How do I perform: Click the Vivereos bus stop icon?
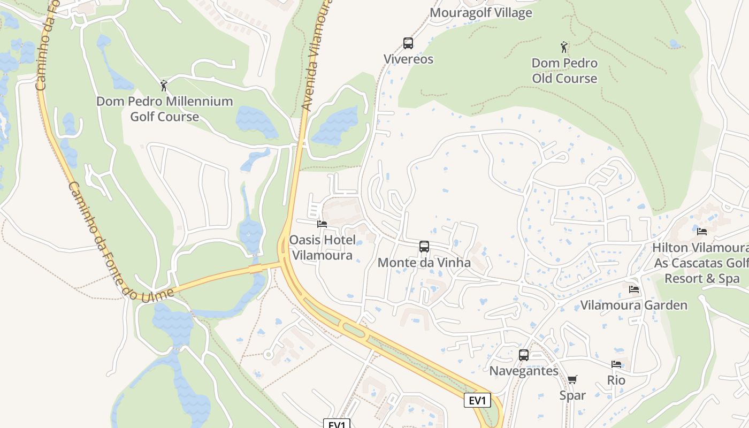[408, 43]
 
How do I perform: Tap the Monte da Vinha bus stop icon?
[424, 247]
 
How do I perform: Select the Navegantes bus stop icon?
[524, 355]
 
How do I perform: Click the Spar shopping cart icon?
[572, 380]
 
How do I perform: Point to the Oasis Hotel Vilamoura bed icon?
[322, 224]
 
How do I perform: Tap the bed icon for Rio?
[616, 364]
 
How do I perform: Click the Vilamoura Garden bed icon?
[634, 289]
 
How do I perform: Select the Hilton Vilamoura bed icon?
[702, 232]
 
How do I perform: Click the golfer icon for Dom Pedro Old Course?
[564, 47]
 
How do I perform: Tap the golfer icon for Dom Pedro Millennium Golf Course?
[164, 86]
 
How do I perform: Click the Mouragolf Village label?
[481, 13]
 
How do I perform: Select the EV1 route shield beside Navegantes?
[477, 400]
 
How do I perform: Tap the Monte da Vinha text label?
[424, 263]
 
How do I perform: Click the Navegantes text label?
[524, 371]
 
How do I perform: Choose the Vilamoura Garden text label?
[634, 305]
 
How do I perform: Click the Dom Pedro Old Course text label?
[564, 71]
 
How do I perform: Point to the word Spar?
[572, 395]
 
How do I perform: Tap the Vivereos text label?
[408, 59]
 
